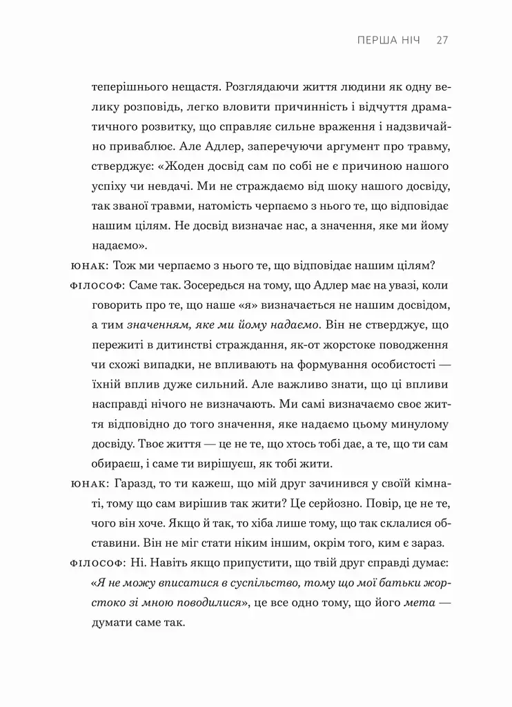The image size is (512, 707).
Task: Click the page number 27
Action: pos(443,40)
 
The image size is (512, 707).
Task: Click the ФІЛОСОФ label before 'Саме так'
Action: pos(97,286)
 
